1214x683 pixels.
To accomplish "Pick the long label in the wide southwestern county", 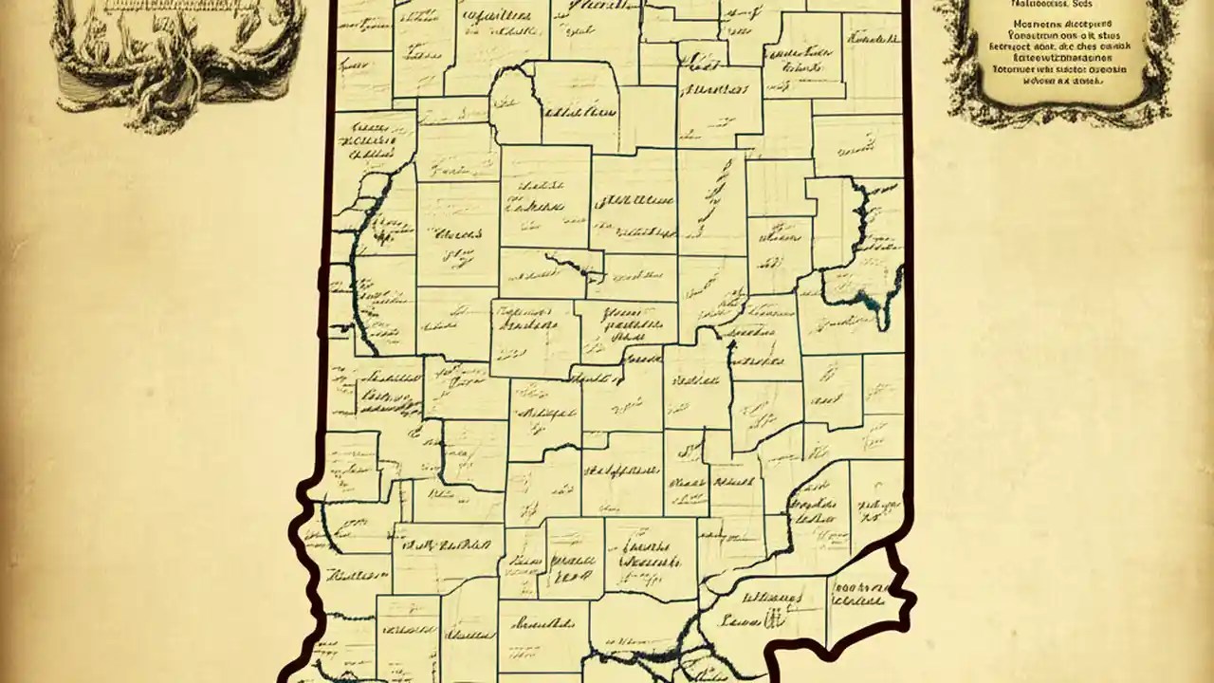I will point(446,545).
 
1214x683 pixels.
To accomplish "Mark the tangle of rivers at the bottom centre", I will point(654,659).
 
